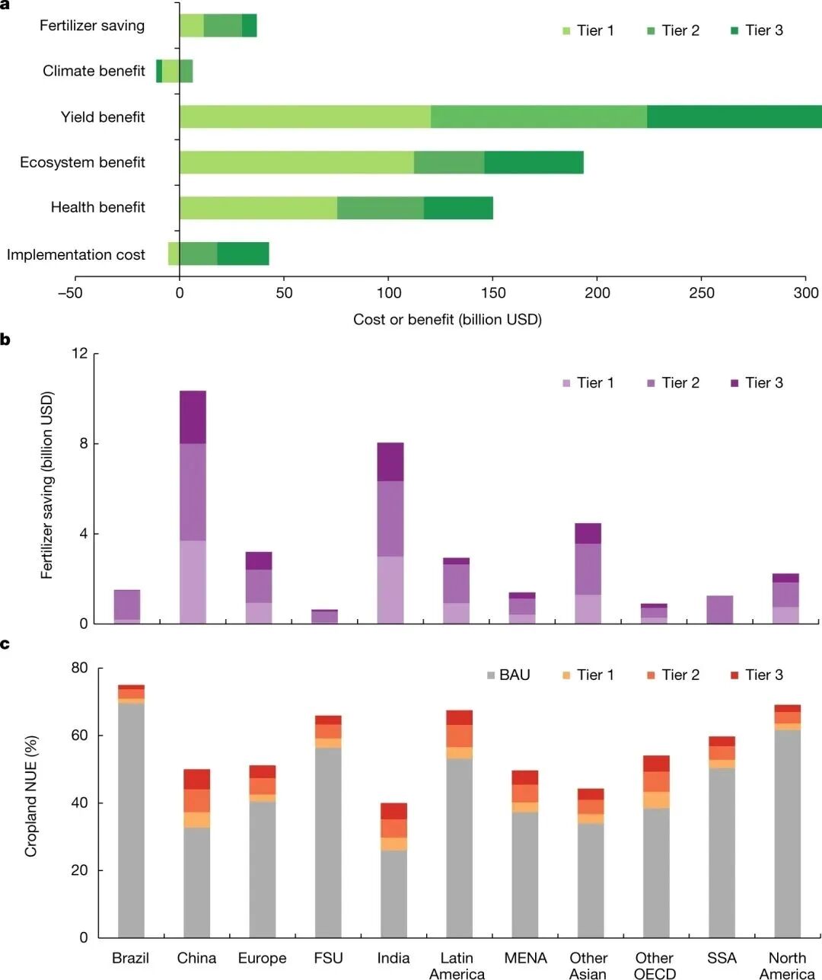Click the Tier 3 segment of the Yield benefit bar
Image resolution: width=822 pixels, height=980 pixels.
pyautogui.click(x=734, y=117)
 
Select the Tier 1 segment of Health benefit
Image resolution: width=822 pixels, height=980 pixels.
pyautogui.click(x=258, y=208)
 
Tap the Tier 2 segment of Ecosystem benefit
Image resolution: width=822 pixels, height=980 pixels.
pyautogui.click(x=449, y=162)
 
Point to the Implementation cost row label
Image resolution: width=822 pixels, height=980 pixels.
pyautogui.click(x=76, y=255)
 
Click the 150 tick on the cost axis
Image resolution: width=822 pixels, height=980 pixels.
pyautogui.click(x=493, y=293)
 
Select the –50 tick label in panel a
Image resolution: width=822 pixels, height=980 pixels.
pyautogui.click(x=70, y=293)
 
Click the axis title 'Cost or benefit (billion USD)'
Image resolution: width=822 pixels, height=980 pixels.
pyautogui.click(x=448, y=320)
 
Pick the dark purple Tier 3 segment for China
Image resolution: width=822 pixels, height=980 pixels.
pyautogui.click(x=193, y=417)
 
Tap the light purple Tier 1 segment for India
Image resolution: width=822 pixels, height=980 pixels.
pyautogui.click(x=390, y=590)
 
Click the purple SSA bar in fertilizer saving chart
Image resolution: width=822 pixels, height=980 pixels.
pyautogui.click(x=719, y=609)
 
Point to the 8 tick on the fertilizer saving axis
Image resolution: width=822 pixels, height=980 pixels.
pyautogui.click(x=84, y=444)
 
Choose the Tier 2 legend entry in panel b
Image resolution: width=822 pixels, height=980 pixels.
pyautogui.click(x=673, y=383)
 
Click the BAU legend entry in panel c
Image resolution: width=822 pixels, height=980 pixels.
pyautogui.click(x=508, y=675)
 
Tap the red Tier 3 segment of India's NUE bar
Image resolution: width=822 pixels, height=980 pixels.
pyautogui.click(x=393, y=811)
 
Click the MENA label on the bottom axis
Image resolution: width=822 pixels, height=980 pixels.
pyautogui.click(x=525, y=958)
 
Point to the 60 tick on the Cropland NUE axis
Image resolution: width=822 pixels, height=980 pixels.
pyautogui.click(x=79, y=736)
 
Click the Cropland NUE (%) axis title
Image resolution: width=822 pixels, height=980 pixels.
pyautogui.click(x=31, y=796)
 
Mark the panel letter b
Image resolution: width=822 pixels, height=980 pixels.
pyautogui.click(x=5, y=340)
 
